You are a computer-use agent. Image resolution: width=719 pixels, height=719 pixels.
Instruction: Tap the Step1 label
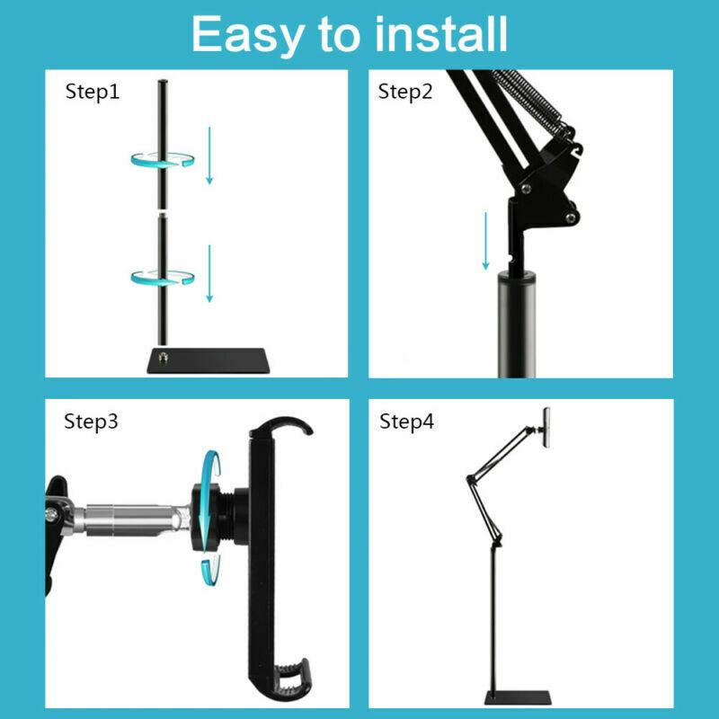93,92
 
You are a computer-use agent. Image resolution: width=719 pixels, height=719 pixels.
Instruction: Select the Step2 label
406,92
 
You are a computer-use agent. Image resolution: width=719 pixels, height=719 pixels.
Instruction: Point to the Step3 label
91,422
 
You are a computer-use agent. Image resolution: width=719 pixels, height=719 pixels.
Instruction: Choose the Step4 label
406,422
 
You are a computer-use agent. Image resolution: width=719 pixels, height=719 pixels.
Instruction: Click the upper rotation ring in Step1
163,160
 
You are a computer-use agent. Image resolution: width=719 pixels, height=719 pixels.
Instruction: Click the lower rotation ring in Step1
163,276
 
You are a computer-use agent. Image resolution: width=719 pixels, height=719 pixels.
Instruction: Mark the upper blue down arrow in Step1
209,155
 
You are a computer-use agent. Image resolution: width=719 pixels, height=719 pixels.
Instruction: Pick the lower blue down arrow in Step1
209,273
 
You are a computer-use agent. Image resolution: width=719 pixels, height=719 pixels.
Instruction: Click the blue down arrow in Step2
485,240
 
